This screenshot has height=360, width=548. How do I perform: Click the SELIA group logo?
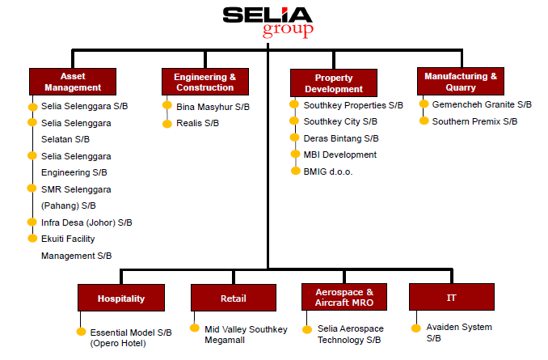pos(268,22)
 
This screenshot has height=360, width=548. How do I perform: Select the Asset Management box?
pos(73,82)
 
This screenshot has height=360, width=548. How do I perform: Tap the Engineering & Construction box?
pos(205,82)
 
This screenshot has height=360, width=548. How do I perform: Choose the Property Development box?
pos(334,83)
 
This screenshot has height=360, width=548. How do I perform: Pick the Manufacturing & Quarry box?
pos(461,81)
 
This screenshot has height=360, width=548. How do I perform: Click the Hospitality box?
pos(121,298)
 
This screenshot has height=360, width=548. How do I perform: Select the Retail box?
pos(234,298)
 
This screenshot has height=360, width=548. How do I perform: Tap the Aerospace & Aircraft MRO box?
pos(344,297)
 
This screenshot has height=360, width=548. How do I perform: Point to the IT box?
pos(452,297)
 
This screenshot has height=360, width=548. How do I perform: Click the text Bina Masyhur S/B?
pos(213,107)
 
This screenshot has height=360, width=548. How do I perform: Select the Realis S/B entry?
pos(197,123)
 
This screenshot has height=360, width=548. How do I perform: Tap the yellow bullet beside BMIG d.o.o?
pos(296,171)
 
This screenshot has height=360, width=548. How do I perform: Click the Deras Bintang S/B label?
pos(341,138)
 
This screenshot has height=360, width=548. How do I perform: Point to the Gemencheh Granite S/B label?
pos(482,104)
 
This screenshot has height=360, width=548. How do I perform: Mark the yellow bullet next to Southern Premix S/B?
pos(424,121)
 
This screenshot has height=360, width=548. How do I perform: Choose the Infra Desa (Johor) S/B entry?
pos(86,222)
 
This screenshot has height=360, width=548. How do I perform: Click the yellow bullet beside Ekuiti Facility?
pos(32,239)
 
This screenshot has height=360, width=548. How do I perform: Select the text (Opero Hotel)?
pos(118,343)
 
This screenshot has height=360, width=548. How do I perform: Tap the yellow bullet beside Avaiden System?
pos(416,328)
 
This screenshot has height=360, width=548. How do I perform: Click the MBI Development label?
pos(340,155)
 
